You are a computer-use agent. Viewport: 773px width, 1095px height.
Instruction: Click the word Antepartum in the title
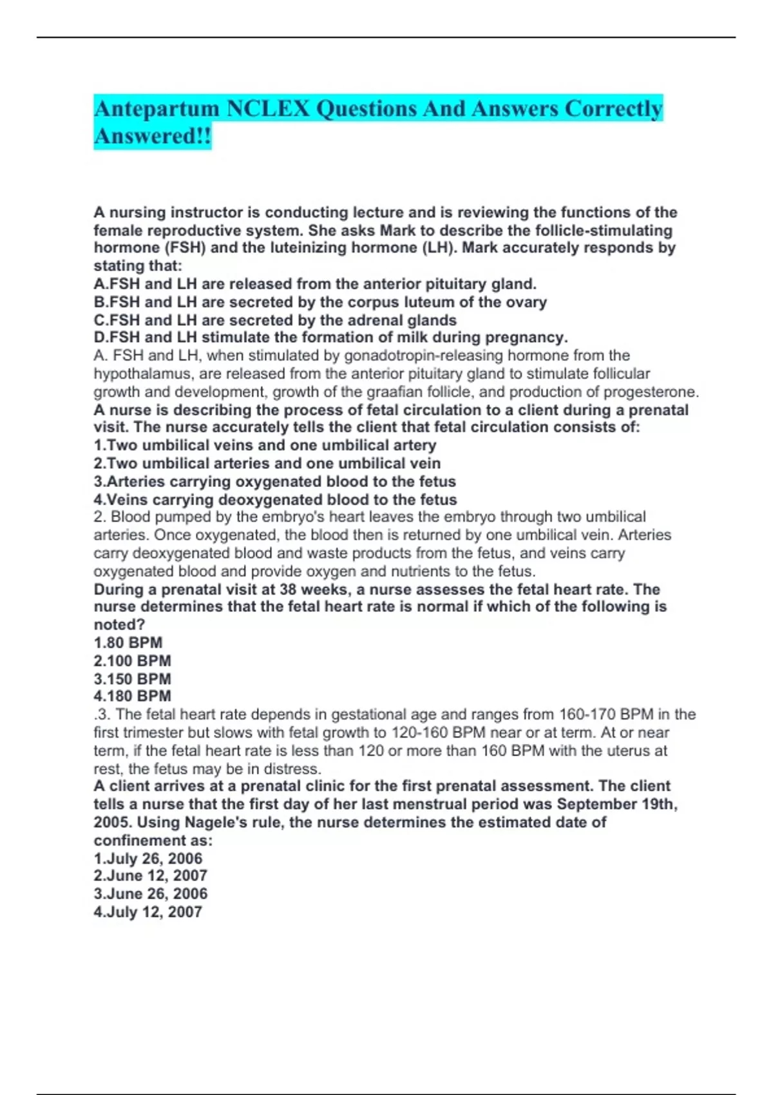157,109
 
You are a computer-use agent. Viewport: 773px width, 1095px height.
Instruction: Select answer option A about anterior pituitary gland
315,284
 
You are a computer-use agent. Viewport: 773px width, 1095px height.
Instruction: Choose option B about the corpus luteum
320,302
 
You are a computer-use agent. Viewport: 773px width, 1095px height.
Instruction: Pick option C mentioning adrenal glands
275,320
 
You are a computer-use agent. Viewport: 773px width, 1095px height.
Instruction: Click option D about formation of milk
330,338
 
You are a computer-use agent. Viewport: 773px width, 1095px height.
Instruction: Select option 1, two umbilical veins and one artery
265,445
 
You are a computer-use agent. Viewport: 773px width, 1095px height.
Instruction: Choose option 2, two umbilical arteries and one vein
267,463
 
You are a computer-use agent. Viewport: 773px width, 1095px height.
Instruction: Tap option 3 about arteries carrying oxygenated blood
274,481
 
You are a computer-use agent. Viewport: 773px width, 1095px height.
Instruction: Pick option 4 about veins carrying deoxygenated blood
275,499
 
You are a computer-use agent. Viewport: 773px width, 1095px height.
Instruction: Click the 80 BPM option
128,642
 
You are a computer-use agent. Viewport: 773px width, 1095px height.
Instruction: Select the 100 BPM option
132,660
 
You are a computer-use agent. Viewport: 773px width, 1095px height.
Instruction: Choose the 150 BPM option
132,678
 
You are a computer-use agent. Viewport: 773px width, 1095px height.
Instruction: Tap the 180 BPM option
132,696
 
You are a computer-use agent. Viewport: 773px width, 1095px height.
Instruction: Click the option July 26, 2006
148,858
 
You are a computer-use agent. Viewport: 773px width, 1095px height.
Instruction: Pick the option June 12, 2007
151,875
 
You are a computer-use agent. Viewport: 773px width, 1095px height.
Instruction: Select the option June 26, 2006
151,893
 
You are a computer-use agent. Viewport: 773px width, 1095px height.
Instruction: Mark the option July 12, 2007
148,911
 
